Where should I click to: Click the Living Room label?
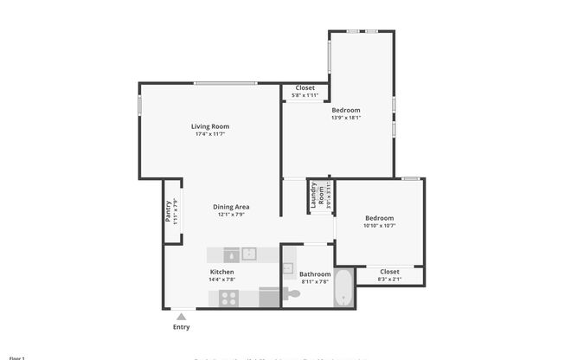click(x=211, y=126)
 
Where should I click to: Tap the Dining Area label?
click(x=232, y=206)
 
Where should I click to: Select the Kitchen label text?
click(x=222, y=272)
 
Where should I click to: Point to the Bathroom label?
click(x=316, y=274)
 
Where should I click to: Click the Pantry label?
click(x=169, y=212)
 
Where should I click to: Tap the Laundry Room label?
click(x=317, y=196)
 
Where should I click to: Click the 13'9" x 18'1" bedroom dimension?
click(x=346, y=118)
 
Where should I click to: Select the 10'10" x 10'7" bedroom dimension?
click(x=379, y=226)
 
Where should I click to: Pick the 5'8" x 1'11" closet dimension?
click(x=305, y=95)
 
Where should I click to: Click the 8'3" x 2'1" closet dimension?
click(x=389, y=279)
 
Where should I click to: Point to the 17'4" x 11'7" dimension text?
click(x=211, y=134)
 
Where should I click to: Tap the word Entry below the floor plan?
click(x=181, y=327)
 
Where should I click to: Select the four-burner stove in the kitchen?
click(x=229, y=298)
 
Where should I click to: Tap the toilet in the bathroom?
click(x=294, y=295)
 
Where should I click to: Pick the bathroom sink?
click(x=288, y=267)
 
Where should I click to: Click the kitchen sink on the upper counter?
click(x=249, y=254)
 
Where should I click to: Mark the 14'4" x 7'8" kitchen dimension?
click(x=222, y=280)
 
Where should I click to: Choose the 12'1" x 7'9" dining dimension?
click(x=232, y=215)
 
